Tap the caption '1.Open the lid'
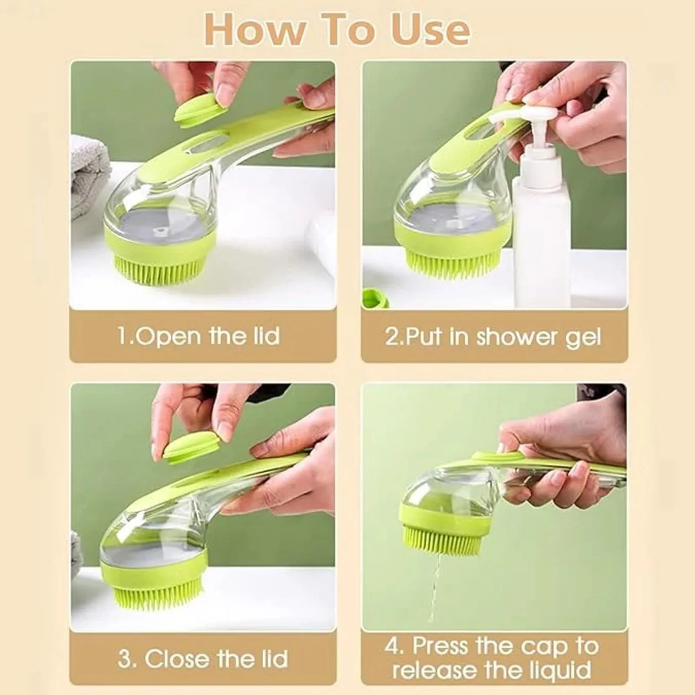(199, 336)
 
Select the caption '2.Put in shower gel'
(493, 337)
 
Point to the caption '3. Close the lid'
(203, 659)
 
